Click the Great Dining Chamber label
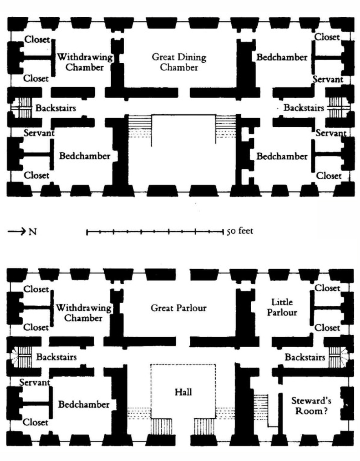click(x=179, y=62)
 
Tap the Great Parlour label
click(x=179, y=309)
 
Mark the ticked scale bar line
click(x=155, y=233)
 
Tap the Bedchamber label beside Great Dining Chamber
click(x=282, y=57)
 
